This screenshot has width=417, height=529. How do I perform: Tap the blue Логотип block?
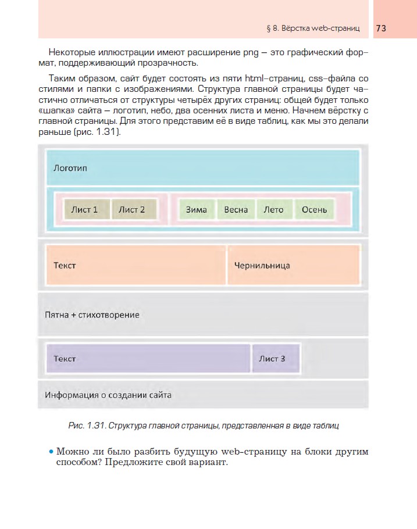tap(204, 168)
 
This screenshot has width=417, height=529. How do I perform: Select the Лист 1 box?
tap(84, 210)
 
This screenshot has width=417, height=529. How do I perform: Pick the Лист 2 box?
tap(132, 210)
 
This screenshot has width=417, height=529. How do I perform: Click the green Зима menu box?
tap(197, 210)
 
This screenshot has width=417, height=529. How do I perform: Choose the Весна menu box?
tap(236, 210)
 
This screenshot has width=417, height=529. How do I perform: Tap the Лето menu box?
tap(273, 210)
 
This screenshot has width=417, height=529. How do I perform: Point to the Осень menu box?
tap(314, 210)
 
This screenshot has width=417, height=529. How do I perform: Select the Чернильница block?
tap(293, 266)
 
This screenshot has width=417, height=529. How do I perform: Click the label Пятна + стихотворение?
tap(92, 315)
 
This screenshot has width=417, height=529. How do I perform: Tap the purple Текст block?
tap(148, 359)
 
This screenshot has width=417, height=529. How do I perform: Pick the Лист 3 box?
tap(276, 359)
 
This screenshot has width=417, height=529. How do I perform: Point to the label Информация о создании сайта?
tap(108, 395)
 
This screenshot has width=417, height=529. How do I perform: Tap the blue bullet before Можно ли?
tap(51, 452)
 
